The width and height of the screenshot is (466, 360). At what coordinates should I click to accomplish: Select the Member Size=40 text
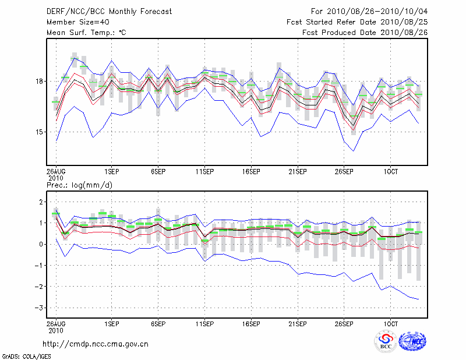pyautogui.click(x=73, y=22)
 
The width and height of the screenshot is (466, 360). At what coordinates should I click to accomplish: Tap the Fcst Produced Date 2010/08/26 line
pyautogui.click(x=365, y=33)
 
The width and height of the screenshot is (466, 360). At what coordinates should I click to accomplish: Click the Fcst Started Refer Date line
pyautogui.click(x=357, y=22)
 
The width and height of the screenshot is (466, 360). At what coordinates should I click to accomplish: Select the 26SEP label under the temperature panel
pyautogui.click(x=344, y=172)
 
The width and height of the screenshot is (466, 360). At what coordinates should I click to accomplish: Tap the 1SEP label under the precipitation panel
pyautogui.click(x=111, y=322)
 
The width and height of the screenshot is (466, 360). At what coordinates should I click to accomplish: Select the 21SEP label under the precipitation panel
pyautogui.click(x=298, y=322)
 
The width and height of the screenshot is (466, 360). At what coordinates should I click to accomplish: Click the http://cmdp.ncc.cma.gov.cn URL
pyautogui.click(x=96, y=344)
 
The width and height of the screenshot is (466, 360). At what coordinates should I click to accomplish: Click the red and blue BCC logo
pyautogui.click(x=386, y=341)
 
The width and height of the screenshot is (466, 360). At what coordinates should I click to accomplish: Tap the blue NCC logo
pyautogui.click(x=412, y=341)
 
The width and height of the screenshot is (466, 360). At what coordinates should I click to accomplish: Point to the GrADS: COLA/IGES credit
pyautogui.click(x=26, y=355)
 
